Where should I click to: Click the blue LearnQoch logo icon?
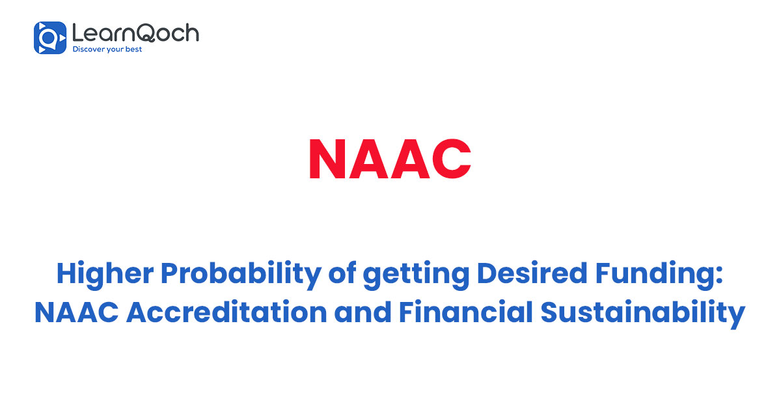coord(50,38)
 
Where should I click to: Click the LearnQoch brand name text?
coord(135,33)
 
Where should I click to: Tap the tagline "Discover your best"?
coord(107,49)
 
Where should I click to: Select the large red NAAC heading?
coord(390,159)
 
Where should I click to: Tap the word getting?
coord(417,276)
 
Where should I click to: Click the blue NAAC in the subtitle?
coord(77,312)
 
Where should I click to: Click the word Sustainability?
coord(643,314)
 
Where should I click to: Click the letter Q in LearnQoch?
coord(146,33)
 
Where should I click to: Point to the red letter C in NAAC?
coord(452,159)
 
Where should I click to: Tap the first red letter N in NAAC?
coord(327,159)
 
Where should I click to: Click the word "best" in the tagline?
coord(133,49)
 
